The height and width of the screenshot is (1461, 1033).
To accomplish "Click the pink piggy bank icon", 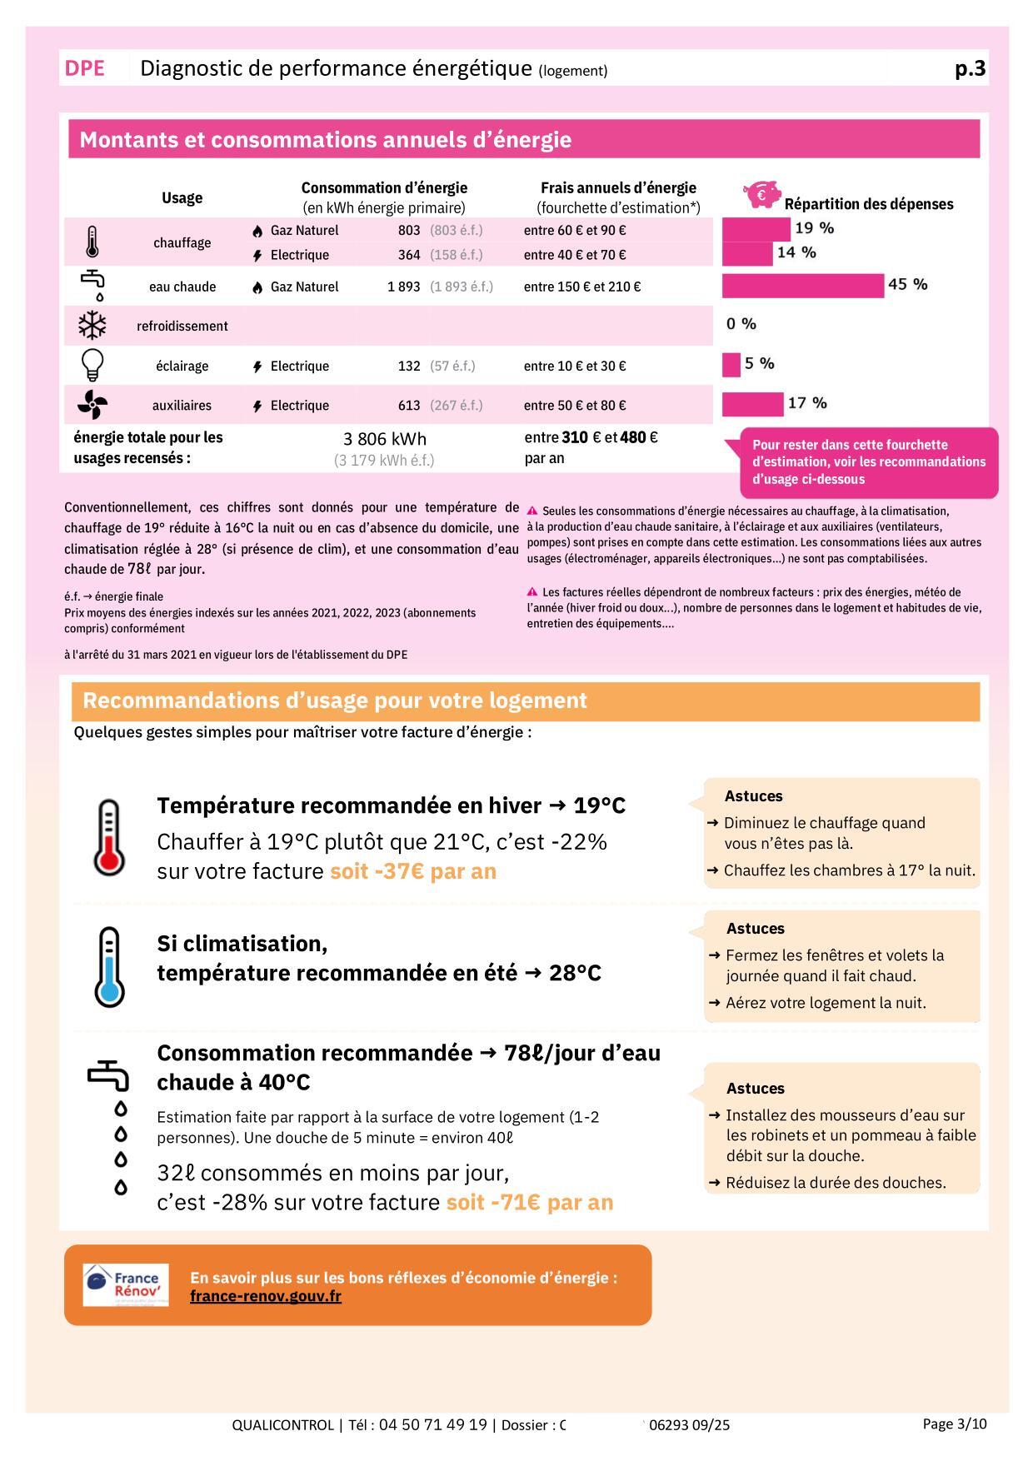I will (x=761, y=194).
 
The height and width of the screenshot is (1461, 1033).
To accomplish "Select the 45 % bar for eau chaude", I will (x=802, y=286).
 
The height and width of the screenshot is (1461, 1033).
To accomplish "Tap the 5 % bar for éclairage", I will (x=731, y=365).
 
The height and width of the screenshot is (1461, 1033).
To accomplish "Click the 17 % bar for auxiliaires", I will (x=752, y=405).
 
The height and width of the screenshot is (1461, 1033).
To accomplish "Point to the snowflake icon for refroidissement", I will (x=92, y=326).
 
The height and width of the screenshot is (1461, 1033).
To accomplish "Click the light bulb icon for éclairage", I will (x=92, y=365).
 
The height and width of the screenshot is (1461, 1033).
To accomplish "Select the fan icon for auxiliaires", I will (x=92, y=406).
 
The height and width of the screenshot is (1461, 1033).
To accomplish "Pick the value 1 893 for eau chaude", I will (x=403, y=287).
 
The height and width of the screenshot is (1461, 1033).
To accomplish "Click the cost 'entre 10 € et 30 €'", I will (x=575, y=366).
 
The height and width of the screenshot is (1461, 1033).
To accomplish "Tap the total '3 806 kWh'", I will (x=385, y=439).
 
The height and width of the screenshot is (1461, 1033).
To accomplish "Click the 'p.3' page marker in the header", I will (x=970, y=68).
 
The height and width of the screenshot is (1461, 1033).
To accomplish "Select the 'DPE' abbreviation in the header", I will (x=85, y=68).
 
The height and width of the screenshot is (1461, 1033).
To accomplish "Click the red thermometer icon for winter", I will (x=108, y=837).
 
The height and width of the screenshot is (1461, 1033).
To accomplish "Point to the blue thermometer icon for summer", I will (x=109, y=966).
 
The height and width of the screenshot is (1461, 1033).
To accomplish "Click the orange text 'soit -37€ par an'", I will (x=413, y=871).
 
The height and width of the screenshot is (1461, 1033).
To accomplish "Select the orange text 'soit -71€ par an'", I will (x=530, y=1202).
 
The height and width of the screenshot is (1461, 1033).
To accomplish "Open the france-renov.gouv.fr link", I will (x=266, y=1296).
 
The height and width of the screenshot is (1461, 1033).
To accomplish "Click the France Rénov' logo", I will (x=126, y=1284).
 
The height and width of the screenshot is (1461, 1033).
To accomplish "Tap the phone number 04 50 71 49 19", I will (x=432, y=1424).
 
